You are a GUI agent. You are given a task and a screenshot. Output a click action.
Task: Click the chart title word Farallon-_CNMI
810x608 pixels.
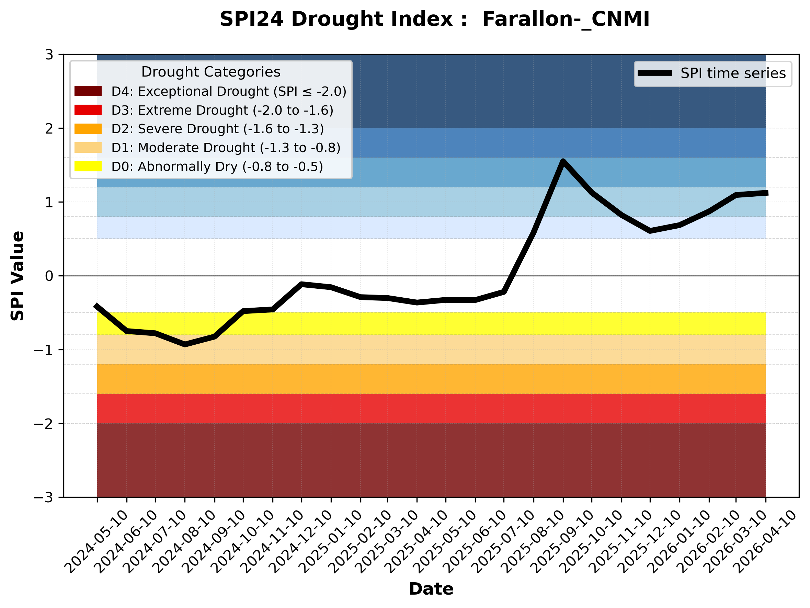click(566, 19)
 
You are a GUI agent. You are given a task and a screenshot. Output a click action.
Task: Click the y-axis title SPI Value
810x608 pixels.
click(17, 276)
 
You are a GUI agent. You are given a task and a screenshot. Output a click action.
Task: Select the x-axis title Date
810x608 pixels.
click(431, 589)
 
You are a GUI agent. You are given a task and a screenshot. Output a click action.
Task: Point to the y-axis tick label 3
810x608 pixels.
click(49, 55)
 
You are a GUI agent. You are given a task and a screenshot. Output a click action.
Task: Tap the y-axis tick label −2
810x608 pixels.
click(44, 424)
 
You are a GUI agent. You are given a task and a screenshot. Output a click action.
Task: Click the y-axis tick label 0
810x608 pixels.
click(49, 276)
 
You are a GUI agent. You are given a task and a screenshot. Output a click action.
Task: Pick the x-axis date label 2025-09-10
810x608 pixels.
click(562, 542)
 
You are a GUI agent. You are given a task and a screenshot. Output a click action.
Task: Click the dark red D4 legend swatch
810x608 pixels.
click(88, 91)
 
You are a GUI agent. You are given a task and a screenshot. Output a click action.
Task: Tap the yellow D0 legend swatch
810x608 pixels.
click(88, 166)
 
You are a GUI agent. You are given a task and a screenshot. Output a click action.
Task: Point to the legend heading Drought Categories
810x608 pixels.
click(210, 72)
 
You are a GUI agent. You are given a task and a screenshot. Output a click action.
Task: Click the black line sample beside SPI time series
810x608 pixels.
click(655, 73)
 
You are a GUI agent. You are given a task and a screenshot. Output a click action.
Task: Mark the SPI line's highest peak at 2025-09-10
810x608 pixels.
click(563, 161)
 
